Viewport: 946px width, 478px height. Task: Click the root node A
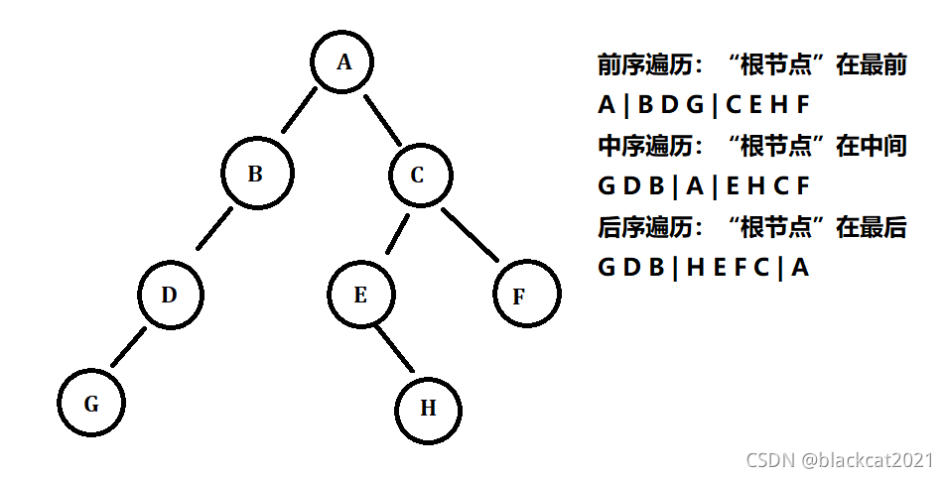tap(344, 62)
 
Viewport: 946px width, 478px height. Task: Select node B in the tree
tap(256, 175)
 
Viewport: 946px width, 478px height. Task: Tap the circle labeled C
tap(417, 176)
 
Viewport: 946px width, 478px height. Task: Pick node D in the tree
tap(170, 295)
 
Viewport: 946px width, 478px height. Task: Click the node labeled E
tap(360, 295)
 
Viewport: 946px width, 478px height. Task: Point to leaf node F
tap(526, 295)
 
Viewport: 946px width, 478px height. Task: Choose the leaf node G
tap(91, 405)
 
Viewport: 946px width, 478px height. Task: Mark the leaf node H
tap(428, 408)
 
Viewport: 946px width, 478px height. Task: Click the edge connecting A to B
tap(299, 111)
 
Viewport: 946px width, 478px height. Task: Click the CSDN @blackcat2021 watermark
tap(840, 459)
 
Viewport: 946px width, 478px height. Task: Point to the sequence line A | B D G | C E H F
tap(705, 105)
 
